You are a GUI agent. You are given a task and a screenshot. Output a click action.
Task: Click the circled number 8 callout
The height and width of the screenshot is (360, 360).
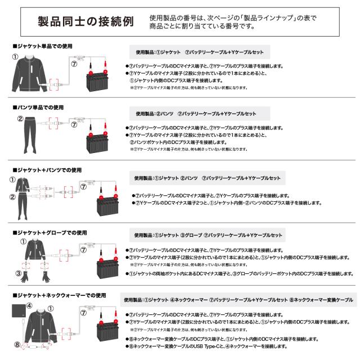[x=17, y=344]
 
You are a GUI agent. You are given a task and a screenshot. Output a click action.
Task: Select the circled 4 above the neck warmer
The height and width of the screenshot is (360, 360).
[x=30, y=305]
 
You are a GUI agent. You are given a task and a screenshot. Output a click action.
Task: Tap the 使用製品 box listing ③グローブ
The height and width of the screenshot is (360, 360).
[x=208, y=235]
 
